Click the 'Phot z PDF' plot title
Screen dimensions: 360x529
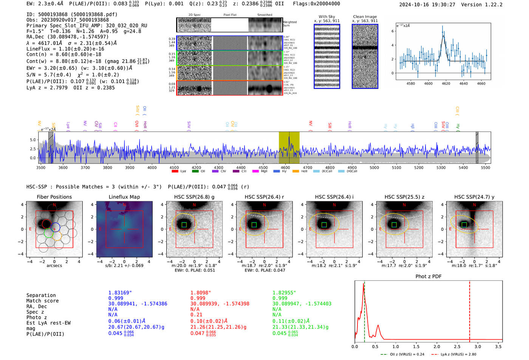(x=428, y=277)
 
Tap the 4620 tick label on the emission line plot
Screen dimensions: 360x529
(x=446, y=83)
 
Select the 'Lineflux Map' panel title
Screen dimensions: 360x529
(x=124, y=197)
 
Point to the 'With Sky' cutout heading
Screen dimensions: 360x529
(x=327, y=17)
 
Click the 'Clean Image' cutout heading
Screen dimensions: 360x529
(x=365, y=17)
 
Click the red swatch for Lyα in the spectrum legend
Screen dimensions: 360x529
(x=175, y=172)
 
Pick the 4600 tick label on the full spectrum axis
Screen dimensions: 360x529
(x=285, y=168)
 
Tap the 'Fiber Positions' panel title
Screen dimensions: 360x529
(x=54, y=197)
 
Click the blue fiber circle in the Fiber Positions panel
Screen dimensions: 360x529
(x=55, y=227)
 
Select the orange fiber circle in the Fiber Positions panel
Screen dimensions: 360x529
(x=57, y=236)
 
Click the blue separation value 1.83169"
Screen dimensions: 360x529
(x=120, y=293)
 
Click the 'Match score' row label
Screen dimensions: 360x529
(x=42, y=301)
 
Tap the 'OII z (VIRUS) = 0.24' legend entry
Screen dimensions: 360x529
(x=403, y=354)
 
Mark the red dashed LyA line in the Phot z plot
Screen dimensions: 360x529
(x=470, y=310)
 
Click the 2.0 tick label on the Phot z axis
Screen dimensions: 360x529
(x=437, y=346)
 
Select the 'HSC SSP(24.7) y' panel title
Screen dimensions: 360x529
(x=474, y=197)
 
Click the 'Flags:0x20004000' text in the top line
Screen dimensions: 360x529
(x=316, y=4)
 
